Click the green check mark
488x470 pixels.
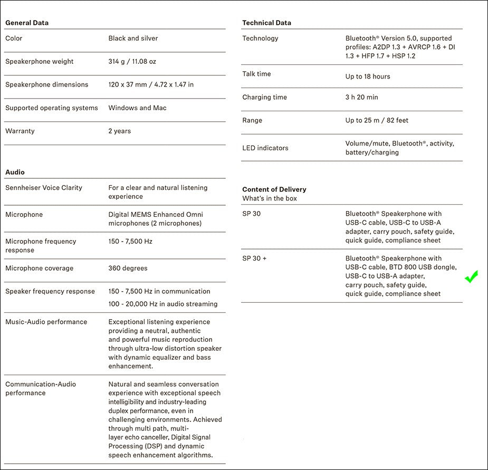click(471, 276)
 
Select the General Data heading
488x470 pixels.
click(27, 23)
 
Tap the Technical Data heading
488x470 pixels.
click(266, 23)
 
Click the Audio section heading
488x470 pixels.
click(15, 172)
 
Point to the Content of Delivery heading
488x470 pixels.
click(274, 189)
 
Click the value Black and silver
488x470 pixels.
click(133, 38)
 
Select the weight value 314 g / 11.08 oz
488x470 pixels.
click(132, 61)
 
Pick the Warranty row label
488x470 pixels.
click(19, 131)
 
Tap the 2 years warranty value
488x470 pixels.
click(120, 131)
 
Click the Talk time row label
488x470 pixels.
click(256, 74)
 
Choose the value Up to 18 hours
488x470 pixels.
click(368, 76)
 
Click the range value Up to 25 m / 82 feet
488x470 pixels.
click(377, 120)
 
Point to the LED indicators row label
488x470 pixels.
click(265, 148)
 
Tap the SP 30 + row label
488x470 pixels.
click(254, 258)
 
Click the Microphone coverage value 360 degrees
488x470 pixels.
click(128, 268)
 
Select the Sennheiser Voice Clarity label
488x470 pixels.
click(44, 188)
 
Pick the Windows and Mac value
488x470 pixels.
click(137, 108)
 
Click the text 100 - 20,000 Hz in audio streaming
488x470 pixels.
click(163, 304)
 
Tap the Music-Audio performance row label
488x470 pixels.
click(46, 322)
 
